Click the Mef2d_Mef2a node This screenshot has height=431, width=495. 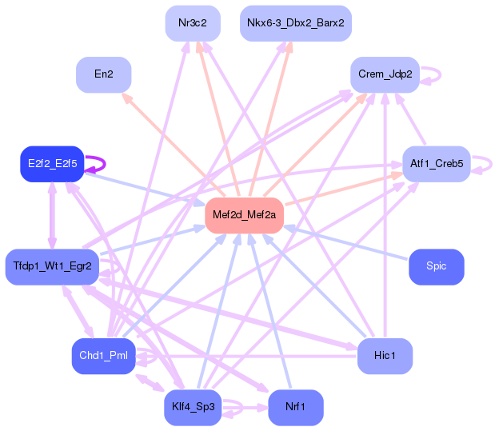pyautogui.click(x=244, y=215)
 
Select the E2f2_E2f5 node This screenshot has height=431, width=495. pyautogui.click(x=52, y=164)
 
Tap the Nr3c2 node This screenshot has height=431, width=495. pyautogui.click(x=193, y=23)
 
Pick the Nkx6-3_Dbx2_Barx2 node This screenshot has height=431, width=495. pyautogui.click(x=296, y=23)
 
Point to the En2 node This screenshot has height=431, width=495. pyautogui.click(x=103, y=74)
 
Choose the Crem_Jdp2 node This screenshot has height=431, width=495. pyautogui.click(x=385, y=74)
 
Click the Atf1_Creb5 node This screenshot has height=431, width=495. pyautogui.click(x=437, y=164)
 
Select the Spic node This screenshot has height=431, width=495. pyautogui.click(x=437, y=267)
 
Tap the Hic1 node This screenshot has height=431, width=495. pyautogui.click(x=385, y=356)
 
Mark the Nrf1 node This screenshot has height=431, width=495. pyautogui.click(x=296, y=408)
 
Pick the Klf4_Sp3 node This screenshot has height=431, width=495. pyautogui.click(x=193, y=408)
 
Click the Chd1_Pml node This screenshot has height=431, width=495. pyautogui.click(x=103, y=356)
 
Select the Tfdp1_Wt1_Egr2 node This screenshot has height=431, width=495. pyautogui.click(x=52, y=267)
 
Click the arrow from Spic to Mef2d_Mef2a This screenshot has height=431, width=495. pyautogui.click(x=345, y=242)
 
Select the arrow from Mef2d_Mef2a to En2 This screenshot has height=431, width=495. pyautogui.click(x=174, y=144)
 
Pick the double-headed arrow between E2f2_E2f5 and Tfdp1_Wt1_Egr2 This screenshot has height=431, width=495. pyautogui.click(x=52, y=215)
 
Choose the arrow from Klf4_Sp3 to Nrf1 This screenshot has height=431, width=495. pyautogui.click(x=245, y=408)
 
